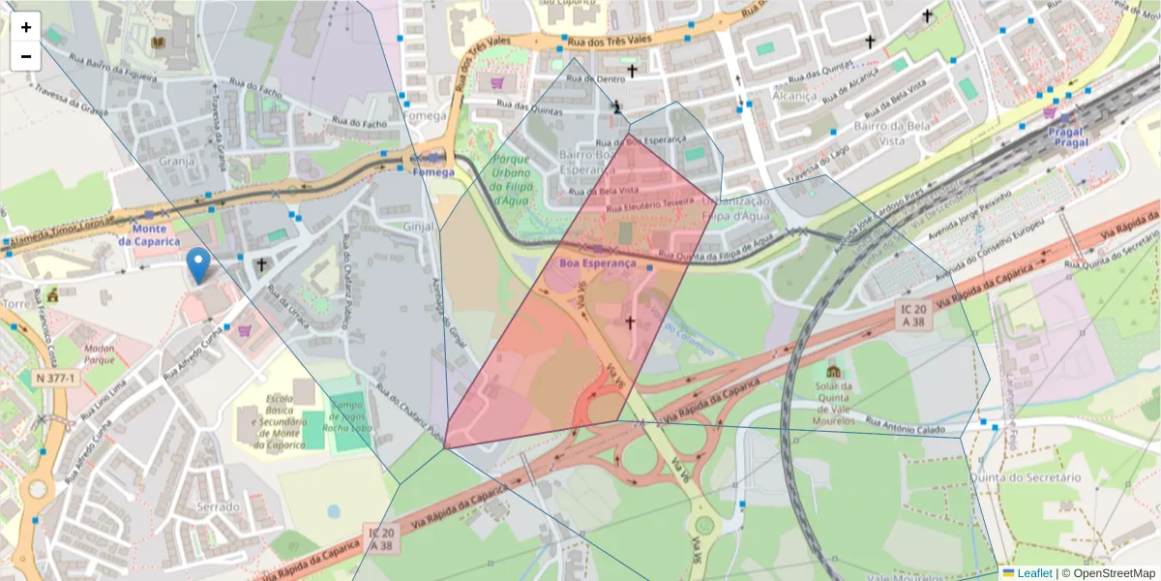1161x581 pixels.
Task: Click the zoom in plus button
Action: (26, 27)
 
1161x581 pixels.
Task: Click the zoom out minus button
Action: (26, 56)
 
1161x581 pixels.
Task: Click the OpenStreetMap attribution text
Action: (1108, 573)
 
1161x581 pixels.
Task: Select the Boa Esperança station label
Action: (597, 262)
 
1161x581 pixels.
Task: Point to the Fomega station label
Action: (432, 171)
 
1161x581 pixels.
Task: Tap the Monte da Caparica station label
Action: (149, 234)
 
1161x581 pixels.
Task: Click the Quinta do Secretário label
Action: (1033, 477)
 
